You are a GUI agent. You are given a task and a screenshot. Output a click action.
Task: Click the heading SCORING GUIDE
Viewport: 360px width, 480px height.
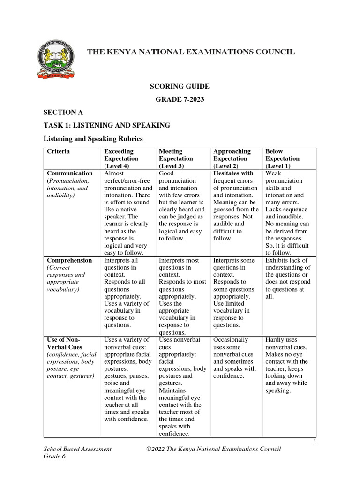click(x=180, y=87)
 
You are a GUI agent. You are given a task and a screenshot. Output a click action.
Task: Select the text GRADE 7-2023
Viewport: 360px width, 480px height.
click(x=180, y=99)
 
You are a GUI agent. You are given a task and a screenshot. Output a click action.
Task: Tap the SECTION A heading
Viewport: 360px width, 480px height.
click(x=60, y=112)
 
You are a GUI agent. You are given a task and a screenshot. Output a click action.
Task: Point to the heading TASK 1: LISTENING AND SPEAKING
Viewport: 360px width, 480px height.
click(x=106, y=125)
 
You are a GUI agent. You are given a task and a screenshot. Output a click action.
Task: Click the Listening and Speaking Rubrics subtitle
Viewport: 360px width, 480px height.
click(x=93, y=139)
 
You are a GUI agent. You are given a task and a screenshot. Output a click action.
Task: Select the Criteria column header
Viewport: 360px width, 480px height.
click(x=58, y=151)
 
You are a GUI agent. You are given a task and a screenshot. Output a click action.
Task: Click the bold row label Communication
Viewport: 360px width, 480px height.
click(x=69, y=173)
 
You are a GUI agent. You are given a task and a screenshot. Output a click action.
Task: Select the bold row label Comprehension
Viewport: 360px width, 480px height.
click(x=69, y=260)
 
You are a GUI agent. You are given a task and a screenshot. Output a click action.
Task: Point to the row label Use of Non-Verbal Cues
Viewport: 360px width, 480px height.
click(x=65, y=343)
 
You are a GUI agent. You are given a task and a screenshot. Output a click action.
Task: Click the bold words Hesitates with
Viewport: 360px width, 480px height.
click(x=233, y=173)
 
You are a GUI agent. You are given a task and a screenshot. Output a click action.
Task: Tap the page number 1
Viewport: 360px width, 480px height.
click(x=315, y=442)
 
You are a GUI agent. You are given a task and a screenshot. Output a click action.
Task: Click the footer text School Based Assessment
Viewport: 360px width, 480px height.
click(x=77, y=449)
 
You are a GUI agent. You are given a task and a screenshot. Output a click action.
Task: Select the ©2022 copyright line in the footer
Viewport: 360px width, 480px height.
click(x=213, y=449)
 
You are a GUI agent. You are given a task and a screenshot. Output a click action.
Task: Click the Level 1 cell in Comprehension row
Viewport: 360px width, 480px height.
click(x=287, y=278)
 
